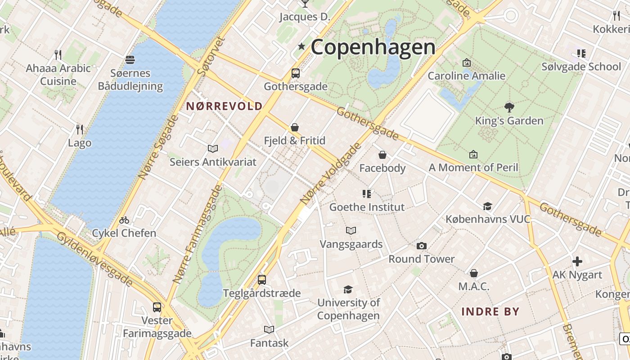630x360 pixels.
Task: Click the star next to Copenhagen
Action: tap(301, 46)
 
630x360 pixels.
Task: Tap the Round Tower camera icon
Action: tap(422, 246)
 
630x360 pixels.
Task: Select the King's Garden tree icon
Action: tap(509, 107)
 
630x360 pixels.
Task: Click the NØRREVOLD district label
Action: tap(224, 106)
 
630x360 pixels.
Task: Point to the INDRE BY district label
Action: tap(490, 311)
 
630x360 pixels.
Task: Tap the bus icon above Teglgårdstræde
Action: tap(262, 279)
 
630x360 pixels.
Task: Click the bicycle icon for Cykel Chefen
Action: tap(124, 220)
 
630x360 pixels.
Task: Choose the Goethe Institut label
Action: tap(367, 207)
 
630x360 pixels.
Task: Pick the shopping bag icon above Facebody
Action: tap(382, 155)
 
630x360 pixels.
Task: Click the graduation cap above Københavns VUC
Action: tap(487, 206)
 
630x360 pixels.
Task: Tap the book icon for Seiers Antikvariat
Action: tap(213, 148)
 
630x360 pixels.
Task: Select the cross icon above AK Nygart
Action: tap(577, 261)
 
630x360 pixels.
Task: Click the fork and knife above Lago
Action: tap(80, 130)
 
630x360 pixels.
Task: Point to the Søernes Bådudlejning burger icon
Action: tap(130, 60)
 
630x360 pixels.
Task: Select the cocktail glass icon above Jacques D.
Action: tap(305, 4)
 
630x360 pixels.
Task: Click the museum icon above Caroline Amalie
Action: tap(467, 63)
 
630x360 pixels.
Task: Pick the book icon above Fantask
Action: tap(269, 329)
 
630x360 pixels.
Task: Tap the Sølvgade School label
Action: tap(581, 67)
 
